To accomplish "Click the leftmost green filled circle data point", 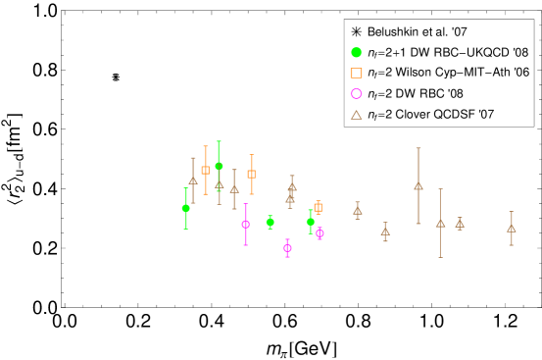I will tap(186, 208).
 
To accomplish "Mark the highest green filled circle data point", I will tap(219, 166).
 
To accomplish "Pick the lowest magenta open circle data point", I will tap(287, 248).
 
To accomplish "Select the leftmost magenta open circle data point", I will tap(245, 225).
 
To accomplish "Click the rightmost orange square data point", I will tap(318, 207).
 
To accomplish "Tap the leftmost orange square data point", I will tap(206, 170).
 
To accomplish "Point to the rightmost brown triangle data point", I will tap(511, 229).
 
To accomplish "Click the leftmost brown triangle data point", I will tap(193, 180).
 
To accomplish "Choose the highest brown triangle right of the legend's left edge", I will tap(419, 185).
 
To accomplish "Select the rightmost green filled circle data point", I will tap(311, 222).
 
